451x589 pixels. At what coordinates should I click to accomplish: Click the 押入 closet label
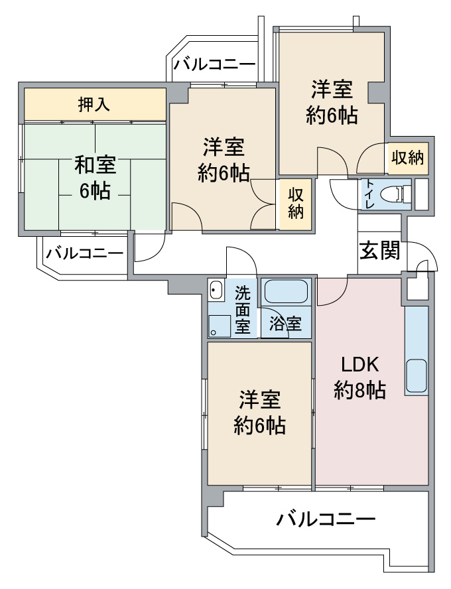[x=94, y=104]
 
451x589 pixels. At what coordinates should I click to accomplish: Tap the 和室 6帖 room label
[x=95, y=178]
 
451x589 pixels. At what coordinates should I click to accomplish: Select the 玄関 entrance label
[x=380, y=250]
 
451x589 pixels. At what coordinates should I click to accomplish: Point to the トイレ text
[x=369, y=194]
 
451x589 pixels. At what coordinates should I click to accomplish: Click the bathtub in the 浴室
[x=286, y=292]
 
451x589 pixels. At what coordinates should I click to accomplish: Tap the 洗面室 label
[x=243, y=310]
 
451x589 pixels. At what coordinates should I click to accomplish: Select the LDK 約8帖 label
[x=359, y=377]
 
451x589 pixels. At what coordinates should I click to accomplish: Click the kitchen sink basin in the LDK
[x=416, y=376]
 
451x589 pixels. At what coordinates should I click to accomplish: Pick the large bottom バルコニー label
[x=326, y=520]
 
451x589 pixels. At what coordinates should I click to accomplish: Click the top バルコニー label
[x=214, y=64]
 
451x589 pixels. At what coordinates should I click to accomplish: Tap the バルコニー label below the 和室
[x=84, y=254]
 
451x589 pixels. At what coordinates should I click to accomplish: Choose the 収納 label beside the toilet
[x=408, y=158]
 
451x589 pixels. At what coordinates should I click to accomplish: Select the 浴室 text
[x=285, y=324]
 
